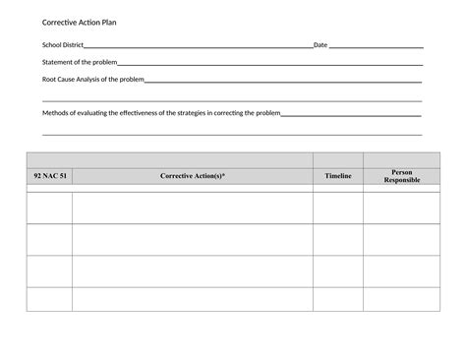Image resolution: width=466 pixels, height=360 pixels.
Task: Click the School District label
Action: [x=63, y=46]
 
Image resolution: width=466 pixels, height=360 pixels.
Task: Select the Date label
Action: [x=320, y=46]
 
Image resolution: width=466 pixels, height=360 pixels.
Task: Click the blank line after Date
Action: [x=376, y=47]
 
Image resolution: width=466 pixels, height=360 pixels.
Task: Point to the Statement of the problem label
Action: [x=80, y=62]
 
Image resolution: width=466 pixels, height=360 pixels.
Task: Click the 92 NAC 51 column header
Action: [x=49, y=176]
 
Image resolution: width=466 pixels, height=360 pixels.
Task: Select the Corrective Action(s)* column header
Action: [x=193, y=176]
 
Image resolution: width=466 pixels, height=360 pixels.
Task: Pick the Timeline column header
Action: [x=338, y=176]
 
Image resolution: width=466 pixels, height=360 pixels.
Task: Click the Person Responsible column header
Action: [x=402, y=176]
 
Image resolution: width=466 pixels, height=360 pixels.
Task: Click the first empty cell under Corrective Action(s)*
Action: [x=193, y=208]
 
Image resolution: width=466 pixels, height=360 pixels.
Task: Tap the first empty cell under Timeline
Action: [x=338, y=208]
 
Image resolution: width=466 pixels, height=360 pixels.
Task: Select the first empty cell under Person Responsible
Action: [x=402, y=208]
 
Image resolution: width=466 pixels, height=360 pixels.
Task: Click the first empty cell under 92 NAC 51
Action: [x=49, y=208]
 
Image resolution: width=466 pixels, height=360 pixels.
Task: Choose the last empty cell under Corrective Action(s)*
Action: [x=193, y=299]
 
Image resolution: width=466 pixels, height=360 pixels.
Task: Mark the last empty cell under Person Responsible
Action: [x=402, y=299]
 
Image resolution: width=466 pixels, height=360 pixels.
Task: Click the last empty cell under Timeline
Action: [x=338, y=299]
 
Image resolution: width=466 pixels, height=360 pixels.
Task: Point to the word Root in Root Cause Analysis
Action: [x=49, y=79]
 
